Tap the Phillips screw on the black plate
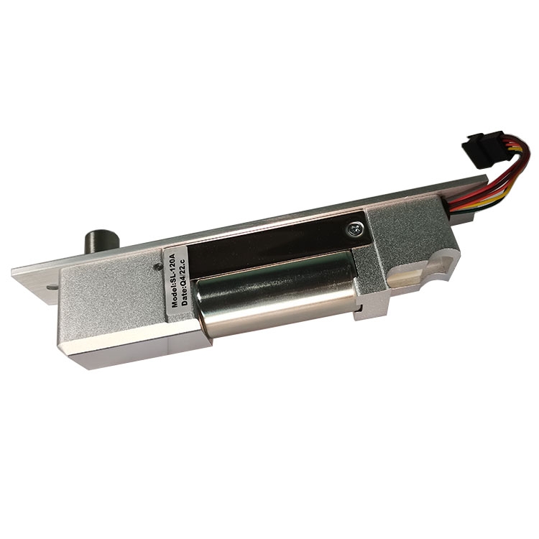[354, 229]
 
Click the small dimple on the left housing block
[158, 266]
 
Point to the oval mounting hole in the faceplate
[52, 287]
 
